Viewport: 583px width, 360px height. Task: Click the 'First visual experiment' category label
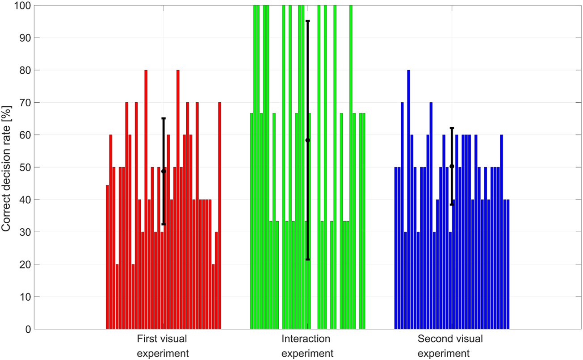coord(163,346)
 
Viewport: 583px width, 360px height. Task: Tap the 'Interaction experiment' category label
coord(307,346)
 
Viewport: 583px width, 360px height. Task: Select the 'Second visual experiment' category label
coord(450,346)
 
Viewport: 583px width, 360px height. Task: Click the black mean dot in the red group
coord(164,171)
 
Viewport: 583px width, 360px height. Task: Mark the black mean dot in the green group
coord(307,140)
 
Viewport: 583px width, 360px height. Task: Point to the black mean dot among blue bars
coord(452,166)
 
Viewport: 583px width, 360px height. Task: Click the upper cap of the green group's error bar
coord(307,21)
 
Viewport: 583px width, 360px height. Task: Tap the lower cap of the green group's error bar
coord(307,260)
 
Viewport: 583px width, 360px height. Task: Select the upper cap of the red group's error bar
coord(164,118)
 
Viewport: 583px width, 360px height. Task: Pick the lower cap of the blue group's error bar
coord(452,205)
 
